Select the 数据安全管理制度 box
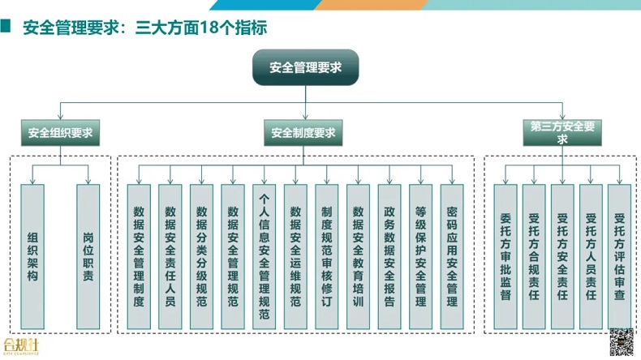139,256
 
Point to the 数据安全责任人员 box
170,256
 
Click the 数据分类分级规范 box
201,256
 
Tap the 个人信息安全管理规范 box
264,256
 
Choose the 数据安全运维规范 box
295,256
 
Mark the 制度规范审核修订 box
326,256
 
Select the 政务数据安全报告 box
389,256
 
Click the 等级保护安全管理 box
420,256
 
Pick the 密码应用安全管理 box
452,256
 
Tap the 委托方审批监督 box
505,256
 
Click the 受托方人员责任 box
591,256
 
